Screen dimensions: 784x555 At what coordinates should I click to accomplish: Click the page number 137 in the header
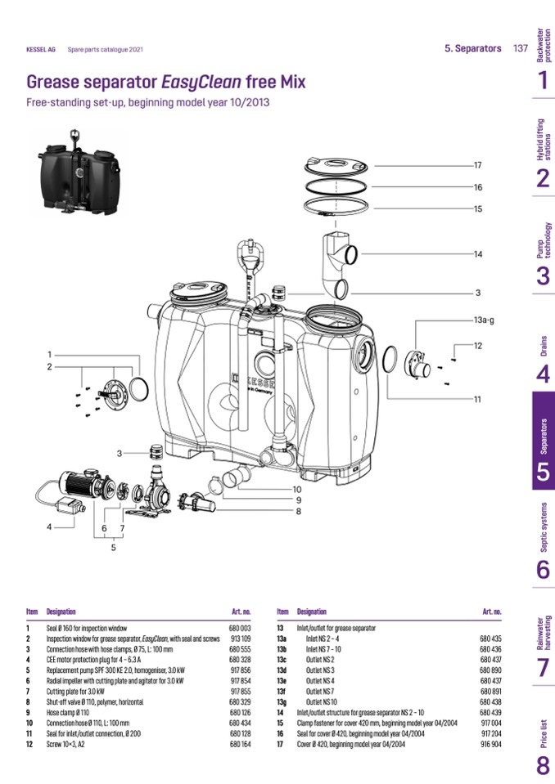520,49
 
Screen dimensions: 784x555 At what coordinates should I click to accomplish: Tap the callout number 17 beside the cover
478,165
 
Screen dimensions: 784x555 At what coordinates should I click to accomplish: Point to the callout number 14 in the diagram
478,254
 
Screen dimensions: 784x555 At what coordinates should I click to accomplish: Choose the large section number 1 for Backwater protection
543,80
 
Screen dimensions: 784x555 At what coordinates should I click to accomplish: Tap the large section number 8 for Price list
543,766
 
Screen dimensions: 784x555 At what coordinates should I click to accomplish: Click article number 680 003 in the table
239,628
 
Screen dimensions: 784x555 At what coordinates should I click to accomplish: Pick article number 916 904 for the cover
490,745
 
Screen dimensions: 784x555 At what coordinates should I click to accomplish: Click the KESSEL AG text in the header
41,50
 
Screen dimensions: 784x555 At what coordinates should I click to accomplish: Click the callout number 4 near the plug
49,527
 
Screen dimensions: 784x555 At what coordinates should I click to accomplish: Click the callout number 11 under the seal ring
477,399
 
